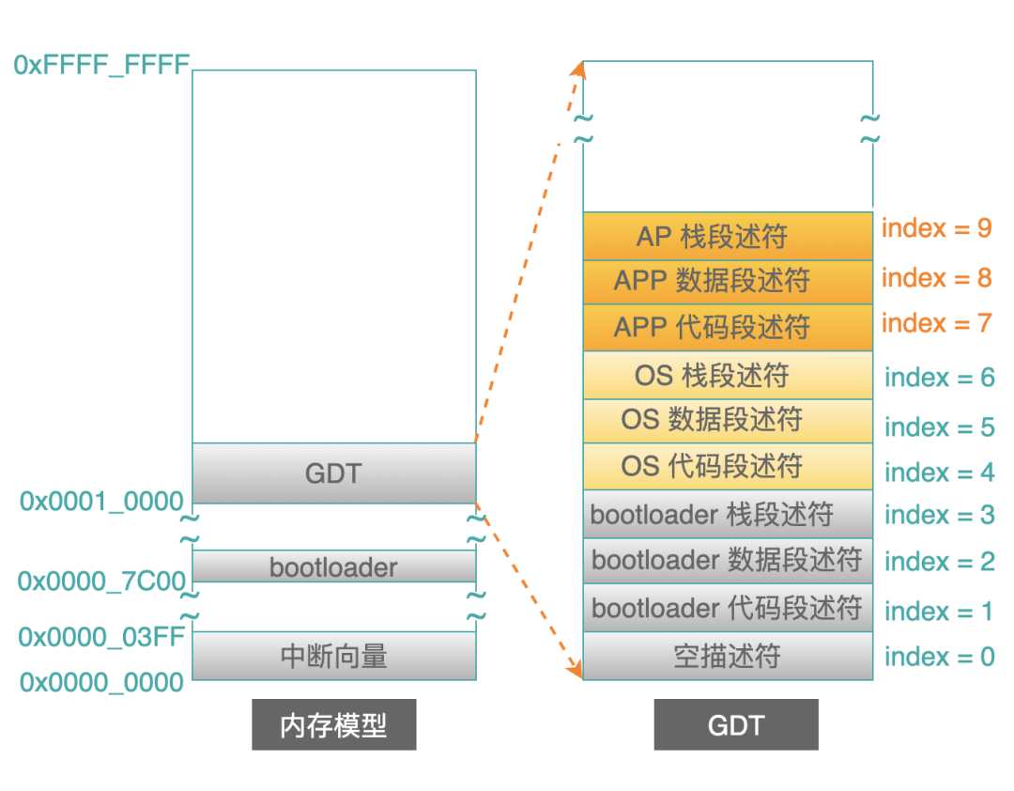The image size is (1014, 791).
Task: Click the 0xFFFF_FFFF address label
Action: (101, 65)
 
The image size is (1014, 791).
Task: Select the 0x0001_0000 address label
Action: (101, 502)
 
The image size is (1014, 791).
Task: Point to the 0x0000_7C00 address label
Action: (101, 582)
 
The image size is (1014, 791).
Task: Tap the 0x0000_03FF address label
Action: (101, 637)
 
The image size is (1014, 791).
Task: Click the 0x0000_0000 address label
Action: (101, 682)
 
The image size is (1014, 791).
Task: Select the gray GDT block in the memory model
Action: (334, 473)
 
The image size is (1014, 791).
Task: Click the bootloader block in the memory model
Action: (334, 566)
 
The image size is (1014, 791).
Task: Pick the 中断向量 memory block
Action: (334, 656)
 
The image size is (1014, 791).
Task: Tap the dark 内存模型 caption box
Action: (333, 724)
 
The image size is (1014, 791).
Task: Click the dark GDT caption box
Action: (736, 724)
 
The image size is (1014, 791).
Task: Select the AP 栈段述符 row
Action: (729, 236)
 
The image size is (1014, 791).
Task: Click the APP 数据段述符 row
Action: (729, 282)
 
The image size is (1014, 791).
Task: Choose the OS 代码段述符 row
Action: (729, 466)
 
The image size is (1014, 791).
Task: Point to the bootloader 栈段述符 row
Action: (729, 515)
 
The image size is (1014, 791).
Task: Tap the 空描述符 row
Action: (729, 656)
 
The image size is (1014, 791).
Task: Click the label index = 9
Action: (936, 228)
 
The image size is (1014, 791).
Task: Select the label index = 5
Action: (939, 427)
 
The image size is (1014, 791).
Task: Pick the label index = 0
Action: (939, 657)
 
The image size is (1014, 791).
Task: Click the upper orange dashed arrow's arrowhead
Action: (578, 70)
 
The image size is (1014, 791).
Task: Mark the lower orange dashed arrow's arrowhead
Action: (575, 669)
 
